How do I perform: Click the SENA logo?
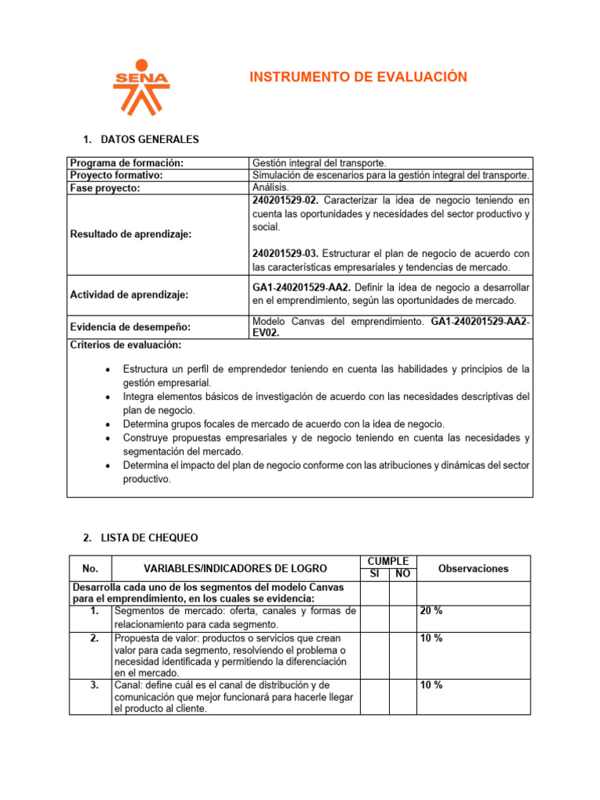(141, 87)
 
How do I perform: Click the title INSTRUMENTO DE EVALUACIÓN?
(358, 77)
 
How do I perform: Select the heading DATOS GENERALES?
(150, 140)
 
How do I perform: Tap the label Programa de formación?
(127, 162)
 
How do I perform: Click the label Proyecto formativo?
(118, 175)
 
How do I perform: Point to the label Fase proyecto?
(105, 188)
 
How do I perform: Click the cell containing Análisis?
(270, 187)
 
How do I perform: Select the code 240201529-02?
(285, 201)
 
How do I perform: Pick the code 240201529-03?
(285, 253)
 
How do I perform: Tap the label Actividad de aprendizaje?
(130, 295)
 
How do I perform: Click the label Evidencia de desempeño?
(130, 327)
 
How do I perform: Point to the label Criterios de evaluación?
(126, 345)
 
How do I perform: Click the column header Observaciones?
(473, 569)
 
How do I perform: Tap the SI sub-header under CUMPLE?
(374, 574)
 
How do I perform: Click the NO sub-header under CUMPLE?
(402, 574)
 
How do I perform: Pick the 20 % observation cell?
(431, 611)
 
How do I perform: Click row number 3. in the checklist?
(94, 685)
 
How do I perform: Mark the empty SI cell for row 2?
(374, 655)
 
